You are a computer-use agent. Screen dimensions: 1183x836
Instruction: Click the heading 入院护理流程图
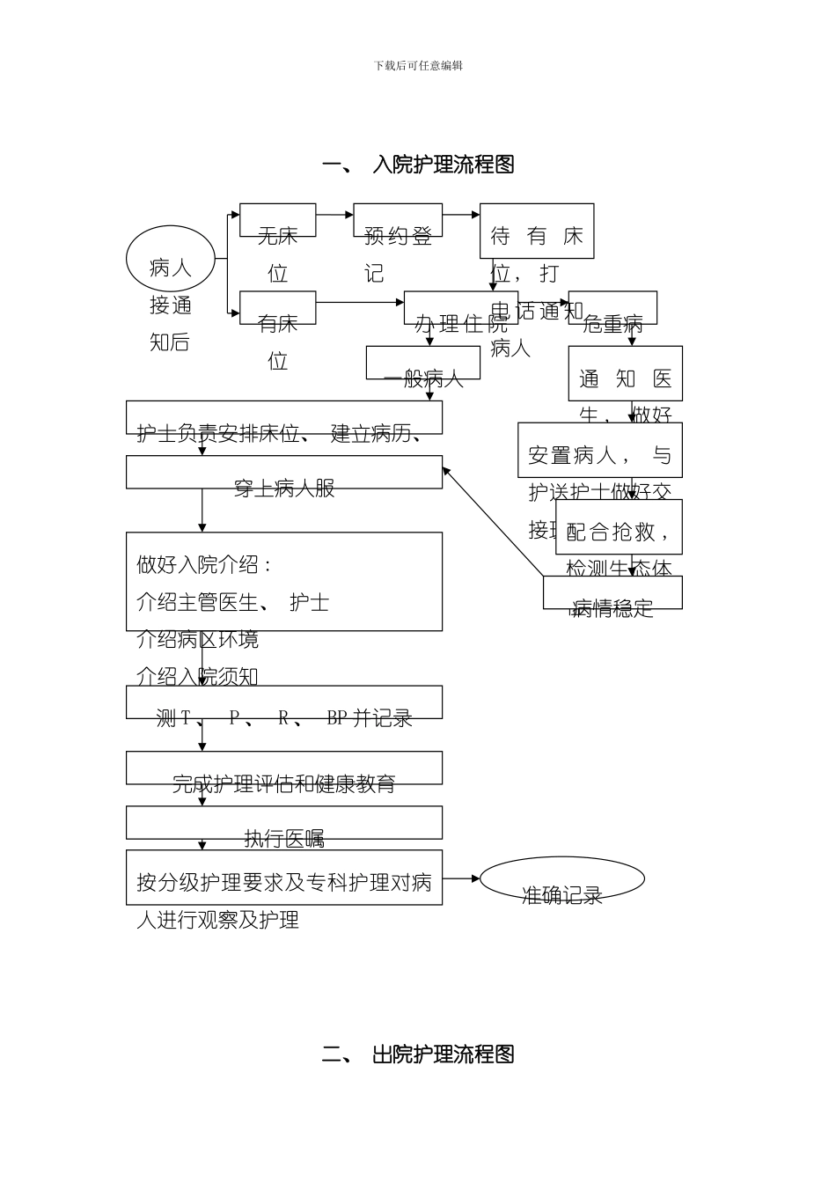pos(418,165)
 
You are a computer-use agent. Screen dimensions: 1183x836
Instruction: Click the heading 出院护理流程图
pos(418,1054)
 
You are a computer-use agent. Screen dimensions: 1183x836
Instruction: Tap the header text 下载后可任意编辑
pos(418,66)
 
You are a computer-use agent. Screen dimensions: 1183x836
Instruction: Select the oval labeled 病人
pos(171,259)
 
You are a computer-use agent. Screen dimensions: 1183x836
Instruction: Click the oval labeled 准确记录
pos(561,879)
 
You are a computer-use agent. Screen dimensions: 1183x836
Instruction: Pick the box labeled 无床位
pos(277,221)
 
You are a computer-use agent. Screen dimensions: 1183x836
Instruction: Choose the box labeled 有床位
pos(277,308)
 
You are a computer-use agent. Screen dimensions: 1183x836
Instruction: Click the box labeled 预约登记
pos(398,221)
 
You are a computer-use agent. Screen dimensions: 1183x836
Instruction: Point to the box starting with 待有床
pos(537,231)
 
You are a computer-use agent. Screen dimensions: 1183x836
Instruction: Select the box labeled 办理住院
pos(460,308)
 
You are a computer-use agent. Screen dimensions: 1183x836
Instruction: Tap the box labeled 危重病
pos(612,308)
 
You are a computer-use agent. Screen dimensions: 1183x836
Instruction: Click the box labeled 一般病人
pos(423,363)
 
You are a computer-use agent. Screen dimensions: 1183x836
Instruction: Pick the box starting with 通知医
pos(625,373)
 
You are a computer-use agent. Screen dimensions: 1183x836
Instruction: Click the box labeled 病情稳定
pos(612,593)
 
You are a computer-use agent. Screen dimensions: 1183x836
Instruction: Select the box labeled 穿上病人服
pos(284,473)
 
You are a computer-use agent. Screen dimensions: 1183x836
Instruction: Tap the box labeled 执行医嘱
pos(284,823)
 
